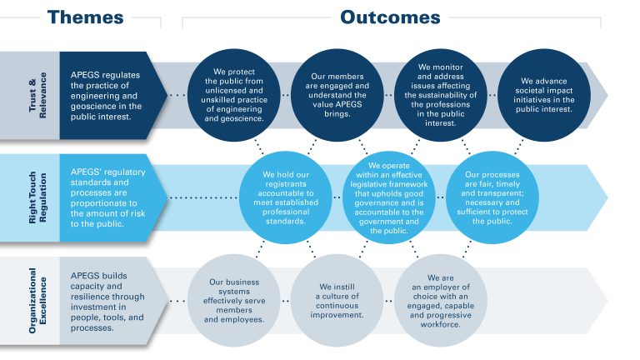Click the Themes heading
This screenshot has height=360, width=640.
85,17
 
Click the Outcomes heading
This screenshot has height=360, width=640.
389,17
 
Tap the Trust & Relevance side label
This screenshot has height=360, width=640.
30,89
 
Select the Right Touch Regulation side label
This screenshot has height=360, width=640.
30,198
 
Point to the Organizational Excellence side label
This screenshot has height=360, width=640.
30,300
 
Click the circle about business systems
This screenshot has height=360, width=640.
234,300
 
